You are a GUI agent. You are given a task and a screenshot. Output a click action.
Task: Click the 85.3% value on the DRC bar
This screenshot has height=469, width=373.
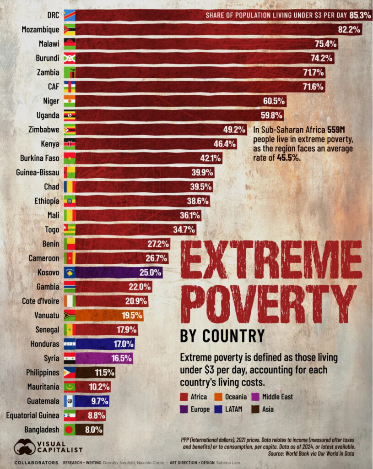coord(360,16)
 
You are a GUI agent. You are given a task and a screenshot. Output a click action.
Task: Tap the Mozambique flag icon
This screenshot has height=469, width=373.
coord(70,30)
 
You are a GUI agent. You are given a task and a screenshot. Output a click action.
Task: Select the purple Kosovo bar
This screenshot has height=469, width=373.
coord(119,273)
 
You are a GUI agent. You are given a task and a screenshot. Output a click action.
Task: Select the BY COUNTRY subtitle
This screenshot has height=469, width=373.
coord(222,336)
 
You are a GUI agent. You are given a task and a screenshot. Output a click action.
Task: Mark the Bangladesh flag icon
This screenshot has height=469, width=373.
coord(70,430)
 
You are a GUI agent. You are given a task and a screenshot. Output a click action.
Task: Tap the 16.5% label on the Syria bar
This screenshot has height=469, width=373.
coord(121,358)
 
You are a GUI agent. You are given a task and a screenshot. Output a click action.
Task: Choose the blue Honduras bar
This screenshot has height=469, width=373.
coord(105,344)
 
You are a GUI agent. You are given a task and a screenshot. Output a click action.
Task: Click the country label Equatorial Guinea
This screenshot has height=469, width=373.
coord(33,415)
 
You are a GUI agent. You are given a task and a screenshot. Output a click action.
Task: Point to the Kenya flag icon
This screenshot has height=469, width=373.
coord(70,144)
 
